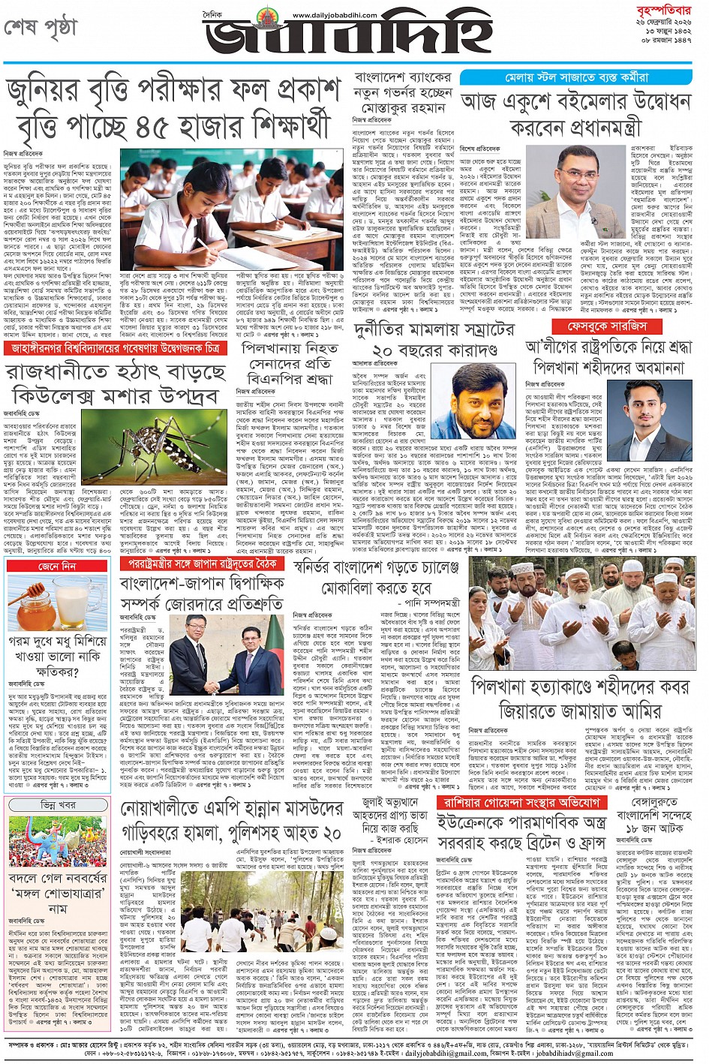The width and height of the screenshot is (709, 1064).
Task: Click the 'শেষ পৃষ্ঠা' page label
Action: pyautogui.click(x=41, y=27)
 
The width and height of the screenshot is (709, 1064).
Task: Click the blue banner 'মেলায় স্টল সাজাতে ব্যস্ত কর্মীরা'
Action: pyautogui.click(x=575, y=77)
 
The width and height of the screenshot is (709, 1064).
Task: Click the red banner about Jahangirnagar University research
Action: pyautogui.click(x=116, y=349)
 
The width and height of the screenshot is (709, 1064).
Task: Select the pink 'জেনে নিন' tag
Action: pyautogui.click(x=56, y=566)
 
